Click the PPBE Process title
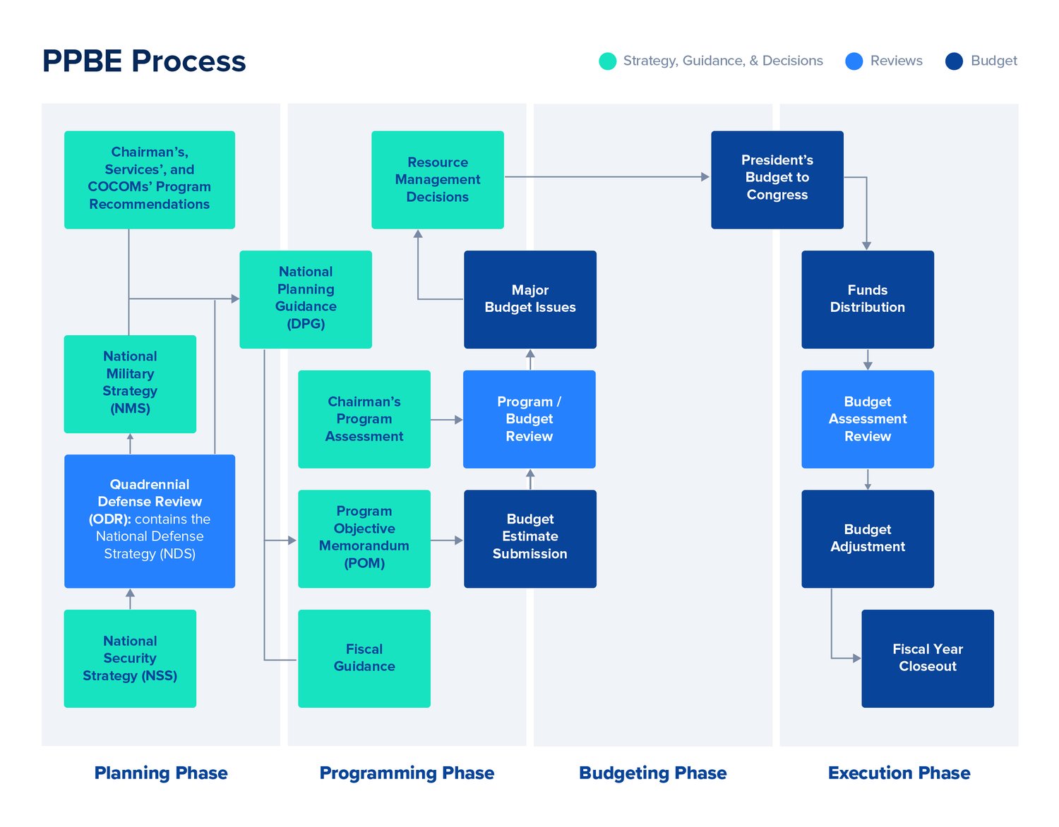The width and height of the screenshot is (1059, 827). (144, 61)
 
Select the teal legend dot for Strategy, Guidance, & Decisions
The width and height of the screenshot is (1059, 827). (607, 61)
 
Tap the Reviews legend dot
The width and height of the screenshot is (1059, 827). (854, 61)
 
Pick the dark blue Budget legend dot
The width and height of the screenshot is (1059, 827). (954, 61)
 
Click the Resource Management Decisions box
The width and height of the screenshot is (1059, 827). (437, 180)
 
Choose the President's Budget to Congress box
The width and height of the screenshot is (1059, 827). (777, 180)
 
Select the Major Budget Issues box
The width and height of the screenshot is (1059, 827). (529, 299)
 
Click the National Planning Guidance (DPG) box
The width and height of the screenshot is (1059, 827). (305, 299)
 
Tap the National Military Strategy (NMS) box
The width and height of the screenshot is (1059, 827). (130, 384)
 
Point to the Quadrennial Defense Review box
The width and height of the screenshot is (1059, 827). (149, 521)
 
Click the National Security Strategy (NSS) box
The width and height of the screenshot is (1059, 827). (130, 658)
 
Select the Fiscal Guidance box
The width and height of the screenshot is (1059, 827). (364, 658)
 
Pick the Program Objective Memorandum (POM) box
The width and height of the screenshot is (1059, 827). (364, 538)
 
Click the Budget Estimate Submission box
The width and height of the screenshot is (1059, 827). (529, 538)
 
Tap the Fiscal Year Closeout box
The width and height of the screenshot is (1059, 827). (927, 658)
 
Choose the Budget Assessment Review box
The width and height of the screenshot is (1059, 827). (867, 419)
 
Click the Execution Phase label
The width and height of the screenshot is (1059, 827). (899, 773)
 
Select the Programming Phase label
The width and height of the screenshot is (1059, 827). (407, 773)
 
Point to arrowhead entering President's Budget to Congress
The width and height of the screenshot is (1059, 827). (705, 177)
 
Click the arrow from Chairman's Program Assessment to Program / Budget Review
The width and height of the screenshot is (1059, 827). (447, 420)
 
